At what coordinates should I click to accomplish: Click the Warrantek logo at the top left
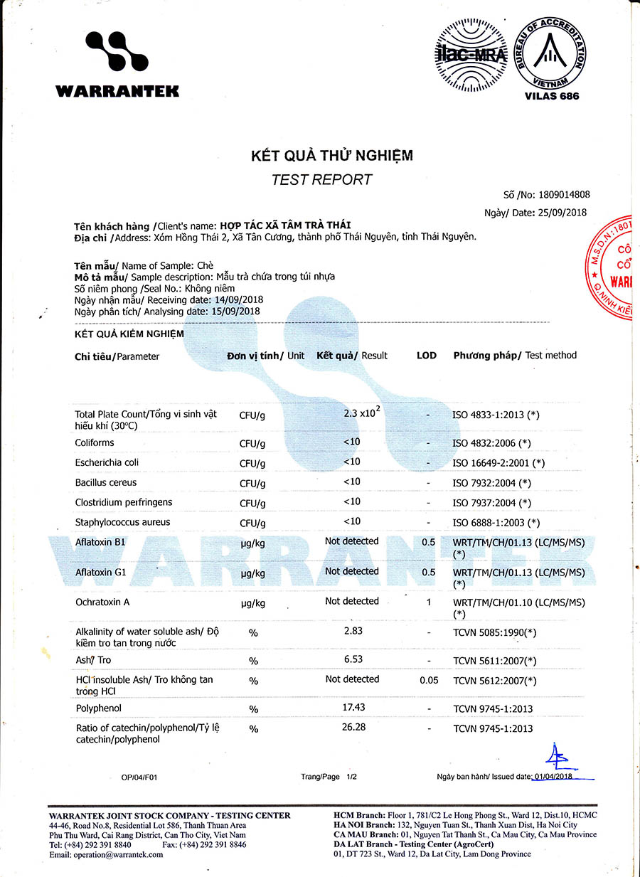point(117,64)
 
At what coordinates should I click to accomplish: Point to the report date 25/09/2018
point(562,212)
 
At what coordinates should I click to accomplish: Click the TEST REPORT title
point(321,179)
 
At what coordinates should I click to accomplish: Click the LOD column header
point(427,355)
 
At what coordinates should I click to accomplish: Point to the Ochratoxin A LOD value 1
point(428,602)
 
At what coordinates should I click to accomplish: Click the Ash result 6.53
point(353,659)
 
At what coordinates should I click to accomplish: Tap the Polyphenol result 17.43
point(353,708)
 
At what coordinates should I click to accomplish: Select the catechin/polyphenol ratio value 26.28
point(353,728)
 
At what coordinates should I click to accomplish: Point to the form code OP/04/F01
point(139,777)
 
